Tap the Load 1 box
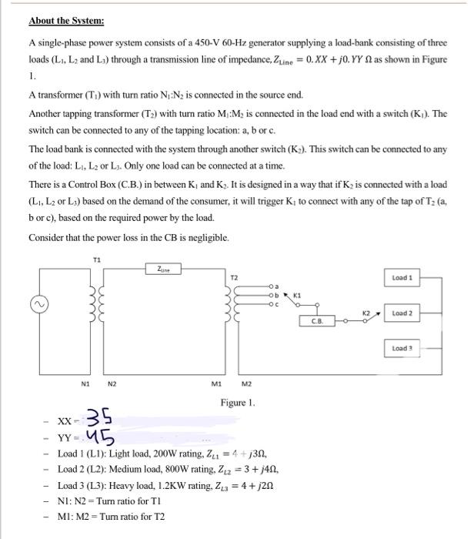pos(403,277)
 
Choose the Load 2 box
pos(403,313)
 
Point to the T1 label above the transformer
pos(95,259)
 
